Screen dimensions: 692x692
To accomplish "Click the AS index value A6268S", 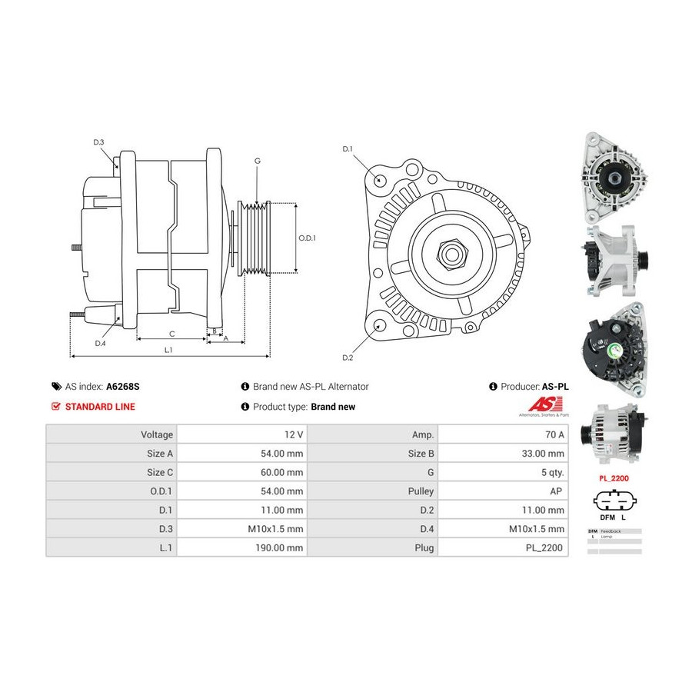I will coord(123,387).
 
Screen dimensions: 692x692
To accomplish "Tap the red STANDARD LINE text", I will coord(100,407).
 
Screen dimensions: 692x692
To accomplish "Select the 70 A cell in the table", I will coord(554,434).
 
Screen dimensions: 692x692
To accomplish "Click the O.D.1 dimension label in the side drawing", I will coord(307,238).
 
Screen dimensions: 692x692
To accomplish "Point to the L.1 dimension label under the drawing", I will coord(168,350).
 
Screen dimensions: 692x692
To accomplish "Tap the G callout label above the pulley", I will coord(258,161).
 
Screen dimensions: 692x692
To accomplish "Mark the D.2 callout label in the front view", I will coord(347,358).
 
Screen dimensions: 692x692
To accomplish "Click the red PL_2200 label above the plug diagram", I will coord(614,477).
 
